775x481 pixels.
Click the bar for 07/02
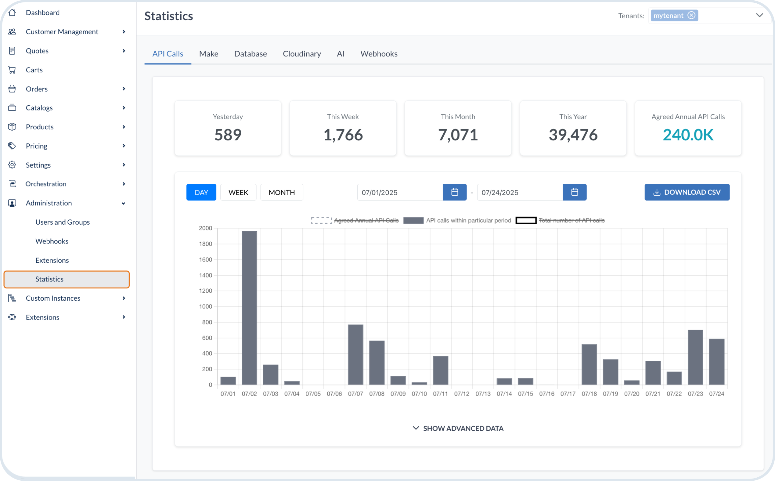(x=249, y=308)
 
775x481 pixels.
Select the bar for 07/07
(x=355, y=354)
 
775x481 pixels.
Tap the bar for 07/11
(x=441, y=370)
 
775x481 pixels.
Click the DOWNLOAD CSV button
(x=687, y=192)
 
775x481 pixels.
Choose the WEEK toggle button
(x=238, y=192)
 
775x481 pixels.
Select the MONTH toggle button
(x=281, y=192)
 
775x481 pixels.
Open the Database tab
(x=250, y=54)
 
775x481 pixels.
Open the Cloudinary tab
(x=302, y=54)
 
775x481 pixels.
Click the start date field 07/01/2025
(x=400, y=192)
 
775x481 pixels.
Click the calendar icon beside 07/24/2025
(x=574, y=192)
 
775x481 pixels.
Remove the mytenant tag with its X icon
(x=691, y=15)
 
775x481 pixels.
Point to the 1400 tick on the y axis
(x=205, y=275)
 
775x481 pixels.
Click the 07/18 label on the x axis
(x=589, y=393)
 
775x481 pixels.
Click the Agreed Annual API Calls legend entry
(x=355, y=220)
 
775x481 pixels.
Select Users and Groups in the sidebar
(x=62, y=222)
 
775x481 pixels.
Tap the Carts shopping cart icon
(x=12, y=70)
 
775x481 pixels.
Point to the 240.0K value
(x=688, y=135)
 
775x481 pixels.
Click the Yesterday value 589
(x=228, y=135)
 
